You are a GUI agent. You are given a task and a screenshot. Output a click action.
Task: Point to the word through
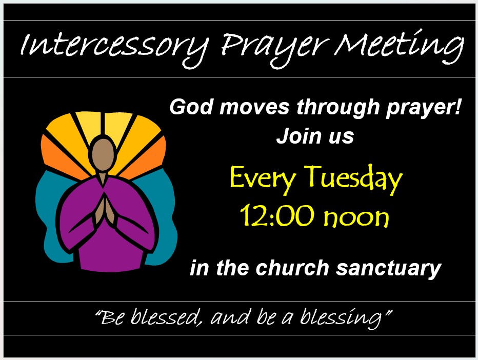(x=337, y=109)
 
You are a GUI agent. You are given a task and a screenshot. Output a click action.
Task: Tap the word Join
(x=298, y=136)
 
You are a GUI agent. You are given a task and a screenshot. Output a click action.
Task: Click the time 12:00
(x=277, y=215)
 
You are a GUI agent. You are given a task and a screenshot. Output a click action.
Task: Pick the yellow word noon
(x=356, y=217)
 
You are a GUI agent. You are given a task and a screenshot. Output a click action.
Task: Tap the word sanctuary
(x=389, y=269)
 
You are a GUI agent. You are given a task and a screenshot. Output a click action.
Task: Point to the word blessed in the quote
(x=166, y=316)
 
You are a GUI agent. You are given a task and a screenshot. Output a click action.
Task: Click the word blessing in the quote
(x=341, y=318)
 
